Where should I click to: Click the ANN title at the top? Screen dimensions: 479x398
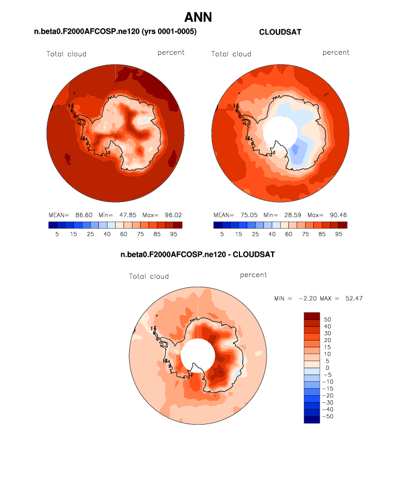point(198,17)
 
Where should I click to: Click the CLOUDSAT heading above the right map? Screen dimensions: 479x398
point(280,32)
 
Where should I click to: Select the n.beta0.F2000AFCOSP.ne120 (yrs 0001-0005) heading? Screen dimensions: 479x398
point(115,32)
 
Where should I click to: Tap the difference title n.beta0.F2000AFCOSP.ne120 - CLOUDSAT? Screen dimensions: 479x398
point(199,254)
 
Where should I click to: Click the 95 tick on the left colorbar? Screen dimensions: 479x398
point(173,234)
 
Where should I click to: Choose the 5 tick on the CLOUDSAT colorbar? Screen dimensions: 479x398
point(222,234)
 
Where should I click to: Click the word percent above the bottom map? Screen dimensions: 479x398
point(254,275)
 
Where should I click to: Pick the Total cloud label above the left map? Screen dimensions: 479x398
point(66,54)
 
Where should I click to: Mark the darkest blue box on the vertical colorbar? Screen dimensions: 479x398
point(312,419)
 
